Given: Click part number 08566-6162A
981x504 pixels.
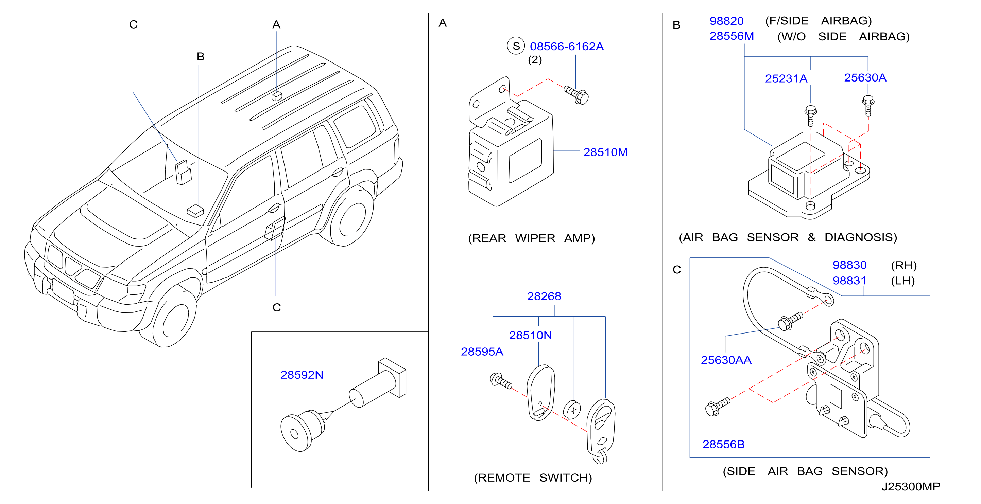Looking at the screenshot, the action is (567, 47).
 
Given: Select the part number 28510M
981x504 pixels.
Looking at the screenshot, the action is (605, 152).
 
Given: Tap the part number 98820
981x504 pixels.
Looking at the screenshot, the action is (727, 21).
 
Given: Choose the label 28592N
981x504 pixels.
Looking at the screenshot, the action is (302, 375).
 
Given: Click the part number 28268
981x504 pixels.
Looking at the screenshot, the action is (544, 296).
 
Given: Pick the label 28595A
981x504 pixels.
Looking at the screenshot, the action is (482, 352).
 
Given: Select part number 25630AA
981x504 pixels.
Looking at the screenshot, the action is (726, 360).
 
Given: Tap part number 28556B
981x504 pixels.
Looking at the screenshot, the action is (724, 444).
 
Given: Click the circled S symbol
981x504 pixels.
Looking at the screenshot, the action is (516, 46).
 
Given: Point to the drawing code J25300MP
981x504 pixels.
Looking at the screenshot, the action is (911, 486).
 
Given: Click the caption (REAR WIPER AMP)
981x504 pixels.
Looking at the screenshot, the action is (531, 238).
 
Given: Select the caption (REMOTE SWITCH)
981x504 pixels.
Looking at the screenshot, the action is (533, 478).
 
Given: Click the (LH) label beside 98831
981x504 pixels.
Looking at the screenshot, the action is (903, 281).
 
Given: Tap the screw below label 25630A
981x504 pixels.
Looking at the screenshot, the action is (868, 106).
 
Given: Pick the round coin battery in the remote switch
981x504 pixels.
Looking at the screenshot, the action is (572, 410).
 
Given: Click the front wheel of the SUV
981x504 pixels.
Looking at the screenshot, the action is (174, 318).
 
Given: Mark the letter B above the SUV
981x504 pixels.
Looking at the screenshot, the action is (201, 57).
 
